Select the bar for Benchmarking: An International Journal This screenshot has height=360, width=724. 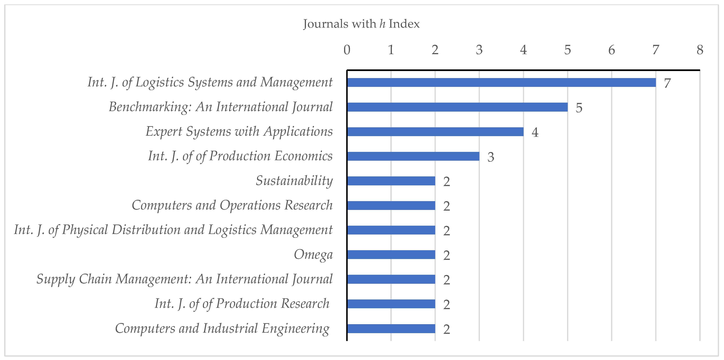457,107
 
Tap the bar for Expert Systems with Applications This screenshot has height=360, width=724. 435,132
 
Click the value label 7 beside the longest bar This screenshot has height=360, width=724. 667,83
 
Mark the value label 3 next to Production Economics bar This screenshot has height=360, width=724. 491,157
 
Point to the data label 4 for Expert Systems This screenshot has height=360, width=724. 535,132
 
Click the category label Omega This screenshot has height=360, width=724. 313,255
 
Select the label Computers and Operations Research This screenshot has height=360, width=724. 232,205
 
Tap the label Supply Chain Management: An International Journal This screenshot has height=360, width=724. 184,279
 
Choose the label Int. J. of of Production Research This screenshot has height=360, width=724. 242,304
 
